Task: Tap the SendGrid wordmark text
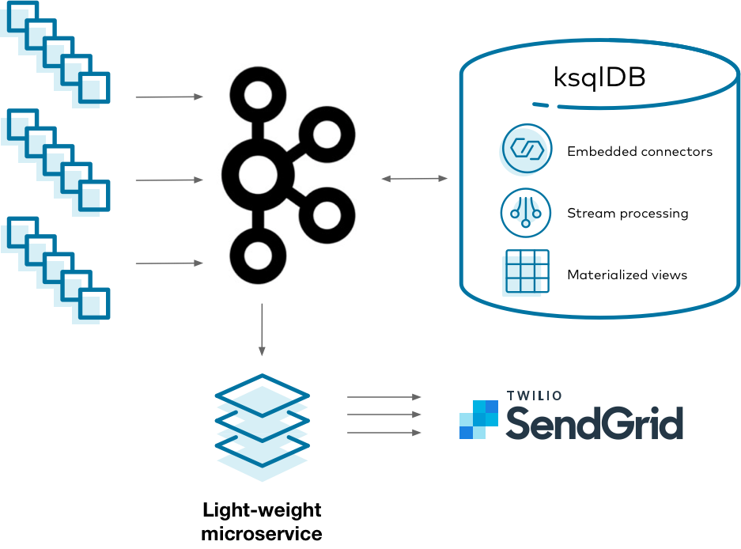(x=594, y=424)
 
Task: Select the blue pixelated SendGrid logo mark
(x=478, y=419)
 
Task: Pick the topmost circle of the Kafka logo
(x=257, y=96)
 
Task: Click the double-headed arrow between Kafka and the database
(x=414, y=179)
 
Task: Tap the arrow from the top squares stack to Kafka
(x=169, y=97)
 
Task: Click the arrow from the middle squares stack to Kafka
(x=169, y=180)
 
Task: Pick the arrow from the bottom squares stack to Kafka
(x=169, y=263)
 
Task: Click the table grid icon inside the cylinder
(x=526, y=273)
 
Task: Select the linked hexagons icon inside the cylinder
(x=525, y=149)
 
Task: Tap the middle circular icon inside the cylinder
(x=525, y=212)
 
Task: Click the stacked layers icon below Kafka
(x=262, y=427)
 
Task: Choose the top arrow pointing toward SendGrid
(x=384, y=397)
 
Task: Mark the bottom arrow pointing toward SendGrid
(x=384, y=433)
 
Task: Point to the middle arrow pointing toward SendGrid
(x=384, y=415)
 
